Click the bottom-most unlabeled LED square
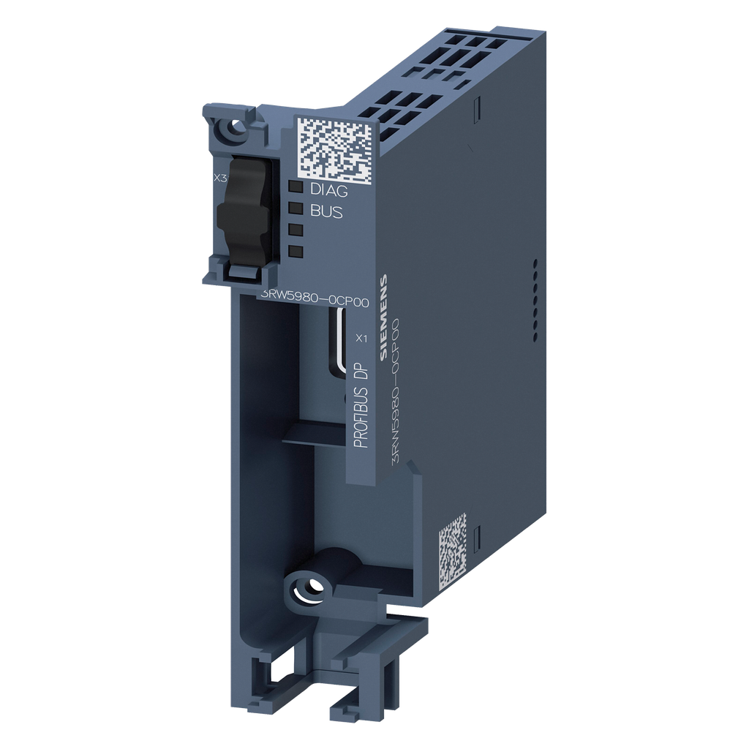point(296,252)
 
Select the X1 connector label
point(360,338)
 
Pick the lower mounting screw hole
point(309,587)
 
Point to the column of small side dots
point(535,296)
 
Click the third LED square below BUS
point(296,229)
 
